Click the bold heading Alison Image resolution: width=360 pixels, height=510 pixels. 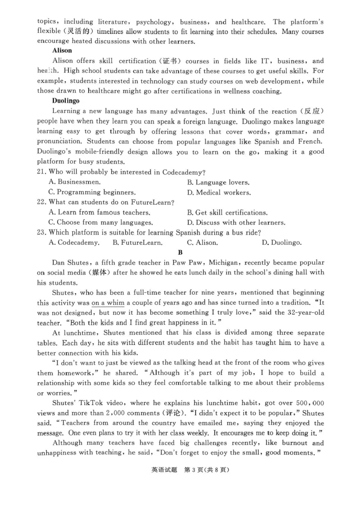tap(62, 51)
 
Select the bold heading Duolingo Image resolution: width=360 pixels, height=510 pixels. tap(66, 101)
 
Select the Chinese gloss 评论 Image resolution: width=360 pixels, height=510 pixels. tap(171, 413)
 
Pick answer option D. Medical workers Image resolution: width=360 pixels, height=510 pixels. tap(219, 192)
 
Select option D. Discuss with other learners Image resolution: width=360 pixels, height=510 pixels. tap(236, 222)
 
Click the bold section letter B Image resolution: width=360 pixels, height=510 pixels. tap(180, 253)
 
